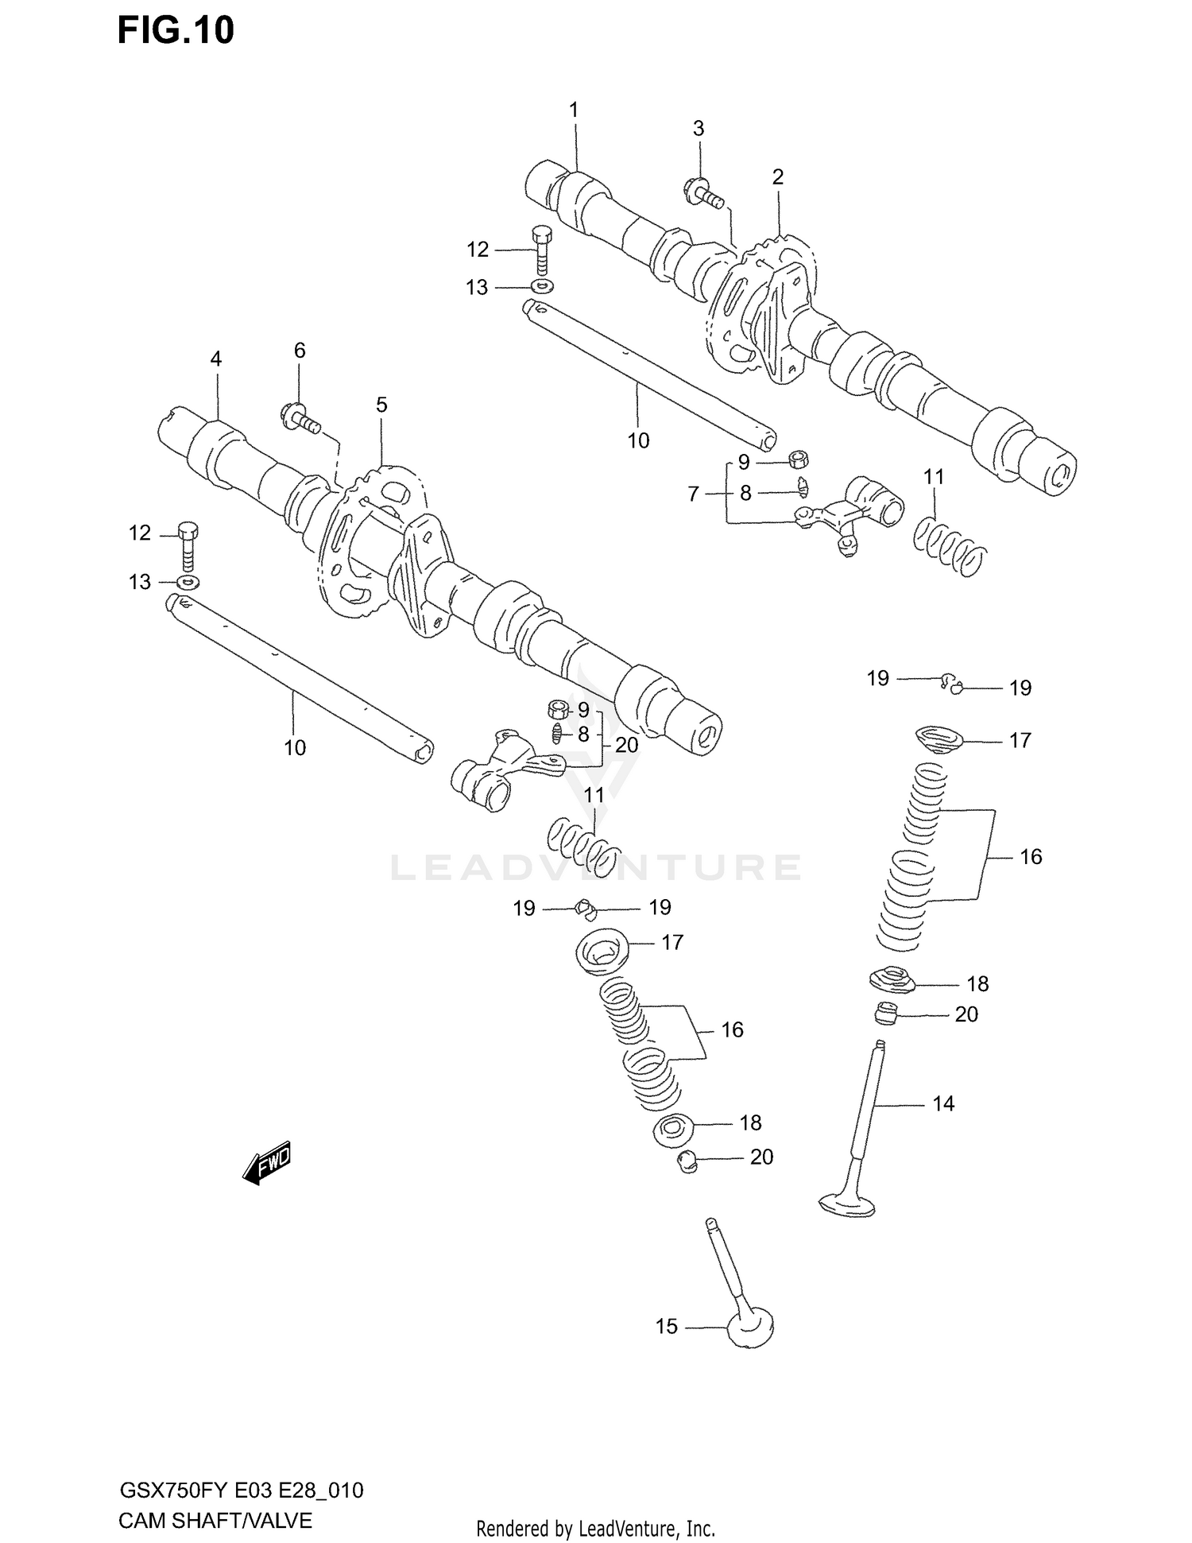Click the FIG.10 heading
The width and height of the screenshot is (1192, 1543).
tap(176, 30)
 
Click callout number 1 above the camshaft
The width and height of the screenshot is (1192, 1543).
tap(574, 110)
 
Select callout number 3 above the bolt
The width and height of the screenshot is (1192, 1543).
tap(698, 128)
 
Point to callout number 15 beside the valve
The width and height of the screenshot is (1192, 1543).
tap(666, 1326)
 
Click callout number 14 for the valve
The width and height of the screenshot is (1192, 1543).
tap(942, 1103)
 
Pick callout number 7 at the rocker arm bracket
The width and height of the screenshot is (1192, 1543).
tap(693, 494)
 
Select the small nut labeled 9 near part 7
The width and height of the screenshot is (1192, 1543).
tap(799, 459)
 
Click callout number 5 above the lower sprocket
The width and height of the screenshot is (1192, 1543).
tap(381, 405)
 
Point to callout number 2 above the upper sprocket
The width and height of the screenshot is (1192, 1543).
tap(777, 176)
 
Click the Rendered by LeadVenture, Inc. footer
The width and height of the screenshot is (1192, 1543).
tap(595, 1528)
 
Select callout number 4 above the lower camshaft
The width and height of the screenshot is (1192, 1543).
tap(215, 359)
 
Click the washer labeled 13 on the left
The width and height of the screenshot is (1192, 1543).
tap(188, 583)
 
